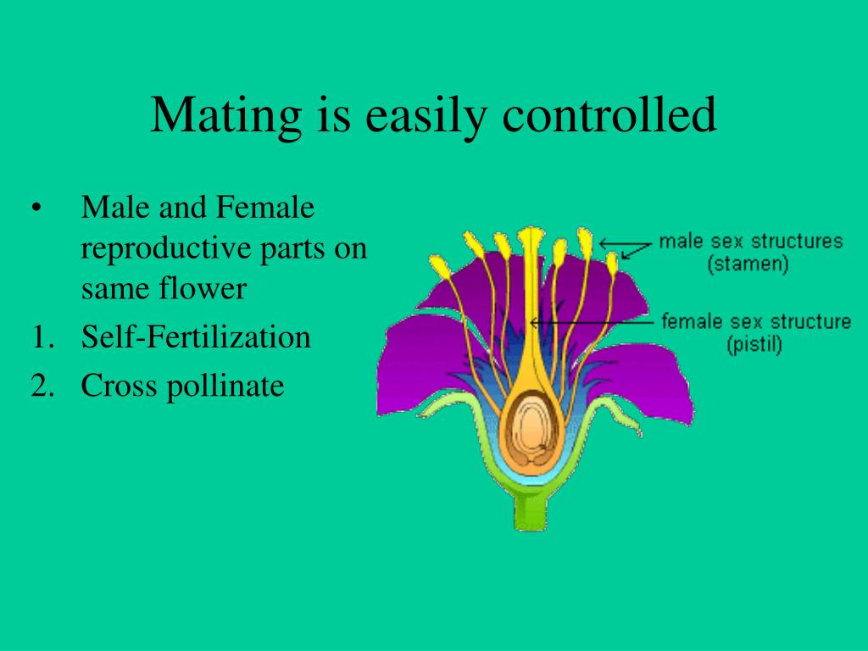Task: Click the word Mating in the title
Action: click(x=222, y=115)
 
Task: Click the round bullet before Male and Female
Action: click(x=36, y=209)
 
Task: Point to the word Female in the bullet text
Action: click(x=266, y=208)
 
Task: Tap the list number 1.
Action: click(x=42, y=338)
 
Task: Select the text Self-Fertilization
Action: click(x=196, y=338)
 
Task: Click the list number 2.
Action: click(x=42, y=387)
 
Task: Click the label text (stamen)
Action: click(x=748, y=264)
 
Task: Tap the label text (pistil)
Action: click(x=755, y=345)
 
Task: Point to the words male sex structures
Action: click(x=751, y=242)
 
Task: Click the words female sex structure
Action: click(x=755, y=322)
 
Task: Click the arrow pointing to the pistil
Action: click(x=593, y=322)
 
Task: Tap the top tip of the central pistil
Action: click(x=531, y=232)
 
